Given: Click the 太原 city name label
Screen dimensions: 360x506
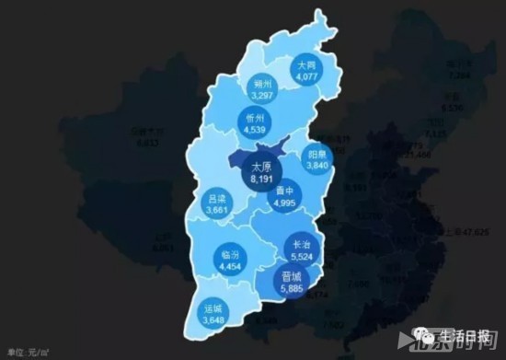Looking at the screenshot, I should tap(261, 167).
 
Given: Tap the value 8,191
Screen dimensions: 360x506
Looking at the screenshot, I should tap(261, 180).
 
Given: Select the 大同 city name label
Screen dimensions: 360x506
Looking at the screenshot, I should tap(305, 66).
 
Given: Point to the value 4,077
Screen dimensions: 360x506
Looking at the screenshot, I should tap(305, 78).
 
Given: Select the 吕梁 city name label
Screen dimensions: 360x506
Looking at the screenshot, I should tap(218, 198).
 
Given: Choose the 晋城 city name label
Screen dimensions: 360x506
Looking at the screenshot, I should tap(292, 275).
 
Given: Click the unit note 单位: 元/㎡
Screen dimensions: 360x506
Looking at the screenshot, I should tap(28, 353).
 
